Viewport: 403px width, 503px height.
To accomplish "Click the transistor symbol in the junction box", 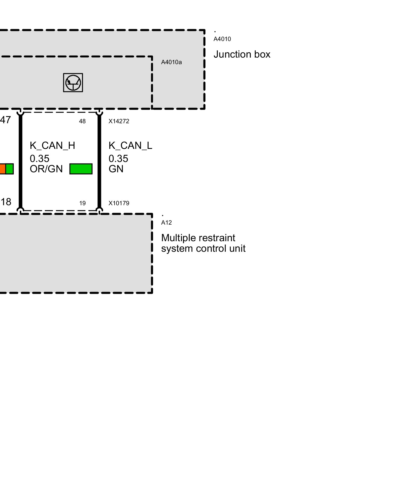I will (x=73, y=83).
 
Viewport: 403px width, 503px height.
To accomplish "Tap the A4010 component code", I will (x=222, y=39).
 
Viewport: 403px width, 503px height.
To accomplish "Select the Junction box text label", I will (x=242, y=54).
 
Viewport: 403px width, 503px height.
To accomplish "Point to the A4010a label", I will (x=171, y=62).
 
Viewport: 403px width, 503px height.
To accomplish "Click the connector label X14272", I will (x=119, y=121).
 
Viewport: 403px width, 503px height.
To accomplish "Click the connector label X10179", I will (x=119, y=203).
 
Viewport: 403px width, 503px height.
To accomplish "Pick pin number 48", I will (x=82, y=121).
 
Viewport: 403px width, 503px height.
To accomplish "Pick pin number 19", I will (x=82, y=203).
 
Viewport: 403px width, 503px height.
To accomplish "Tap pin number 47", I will (x=5, y=120).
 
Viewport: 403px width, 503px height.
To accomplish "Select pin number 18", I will (x=6, y=202).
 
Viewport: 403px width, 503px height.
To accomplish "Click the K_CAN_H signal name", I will (x=52, y=146).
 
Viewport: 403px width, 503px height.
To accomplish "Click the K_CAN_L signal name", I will (x=130, y=146).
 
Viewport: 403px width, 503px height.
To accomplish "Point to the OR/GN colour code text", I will (x=46, y=169).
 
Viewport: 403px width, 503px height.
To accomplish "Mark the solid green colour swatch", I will (x=81, y=169).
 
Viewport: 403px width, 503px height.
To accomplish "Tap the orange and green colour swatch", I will (x=6, y=169).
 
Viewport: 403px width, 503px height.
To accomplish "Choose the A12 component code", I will (x=166, y=223).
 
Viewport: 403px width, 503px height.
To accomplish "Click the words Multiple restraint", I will (x=198, y=238).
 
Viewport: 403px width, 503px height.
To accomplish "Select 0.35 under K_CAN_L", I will (x=118, y=159).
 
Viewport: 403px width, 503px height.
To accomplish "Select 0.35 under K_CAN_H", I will (x=40, y=159).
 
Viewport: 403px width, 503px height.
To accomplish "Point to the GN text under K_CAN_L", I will (x=116, y=169).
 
